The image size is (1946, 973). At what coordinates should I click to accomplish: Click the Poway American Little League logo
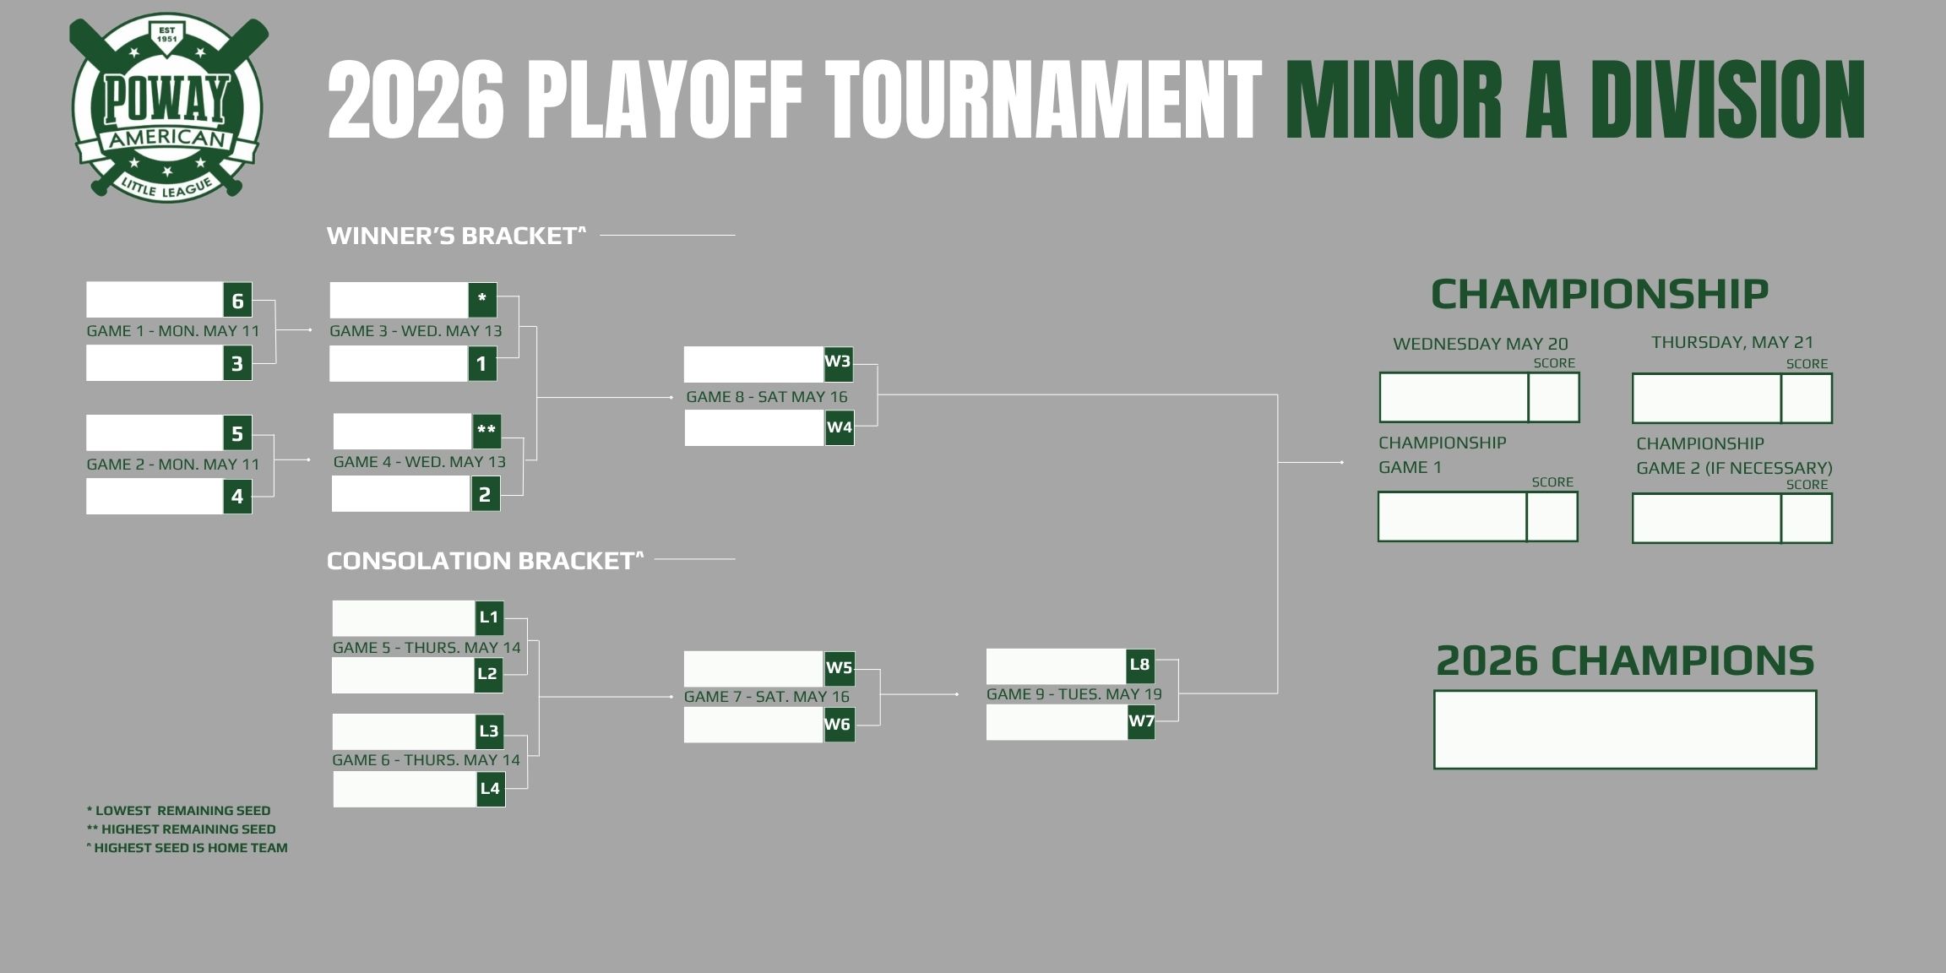click(x=167, y=107)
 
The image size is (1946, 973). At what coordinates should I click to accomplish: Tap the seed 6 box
click(x=237, y=300)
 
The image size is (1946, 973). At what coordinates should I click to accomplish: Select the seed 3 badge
click(x=237, y=363)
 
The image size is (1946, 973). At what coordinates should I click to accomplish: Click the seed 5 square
click(x=237, y=433)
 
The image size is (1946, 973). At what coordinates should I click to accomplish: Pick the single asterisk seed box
click(x=482, y=299)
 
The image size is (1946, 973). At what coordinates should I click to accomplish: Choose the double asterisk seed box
click(x=486, y=430)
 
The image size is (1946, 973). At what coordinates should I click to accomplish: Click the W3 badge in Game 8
click(x=838, y=362)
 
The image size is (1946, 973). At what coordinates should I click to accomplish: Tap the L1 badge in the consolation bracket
click(x=489, y=617)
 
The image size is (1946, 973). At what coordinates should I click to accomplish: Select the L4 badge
click(x=491, y=789)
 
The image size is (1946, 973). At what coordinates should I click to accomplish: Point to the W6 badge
click(x=839, y=725)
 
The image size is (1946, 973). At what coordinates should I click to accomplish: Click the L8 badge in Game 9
click(x=1140, y=665)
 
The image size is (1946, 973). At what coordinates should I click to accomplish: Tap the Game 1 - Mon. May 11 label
click(x=173, y=331)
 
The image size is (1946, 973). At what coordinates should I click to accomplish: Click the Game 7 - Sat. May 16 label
click(x=767, y=697)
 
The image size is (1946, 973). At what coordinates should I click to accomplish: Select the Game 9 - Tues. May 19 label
click(x=1074, y=694)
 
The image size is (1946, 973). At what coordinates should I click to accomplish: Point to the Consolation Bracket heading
click(x=485, y=561)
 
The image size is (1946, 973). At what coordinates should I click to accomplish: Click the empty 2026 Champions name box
click(x=1625, y=730)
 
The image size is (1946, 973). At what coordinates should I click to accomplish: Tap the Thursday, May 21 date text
click(x=1732, y=342)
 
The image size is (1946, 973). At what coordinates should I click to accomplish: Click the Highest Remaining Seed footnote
click(x=181, y=829)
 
